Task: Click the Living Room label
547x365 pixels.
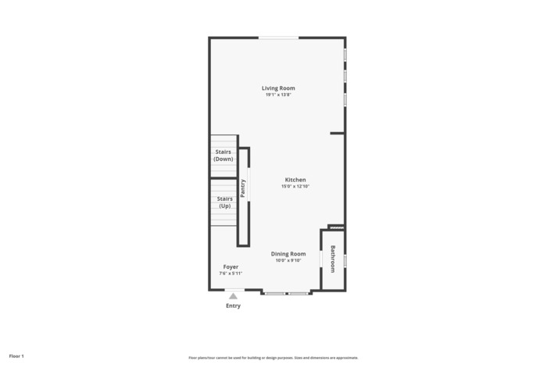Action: pos(278,88)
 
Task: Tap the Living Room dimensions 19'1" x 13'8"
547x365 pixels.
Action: pos(278,95)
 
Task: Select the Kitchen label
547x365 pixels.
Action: pos(295,180)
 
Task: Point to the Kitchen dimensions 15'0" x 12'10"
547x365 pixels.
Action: pos(295,186)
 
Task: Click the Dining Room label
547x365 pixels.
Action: pos(288,254)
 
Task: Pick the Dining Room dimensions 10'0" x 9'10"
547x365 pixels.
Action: pos(288,260)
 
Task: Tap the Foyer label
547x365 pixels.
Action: pos(231,267)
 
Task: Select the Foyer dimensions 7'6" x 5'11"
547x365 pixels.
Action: pos(231,274)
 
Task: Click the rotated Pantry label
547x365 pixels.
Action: pos(243,188)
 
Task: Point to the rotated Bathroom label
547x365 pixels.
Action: pos(333,259)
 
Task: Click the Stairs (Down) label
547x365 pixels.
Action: pos(223,156)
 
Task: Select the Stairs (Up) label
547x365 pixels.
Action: pos(225,202)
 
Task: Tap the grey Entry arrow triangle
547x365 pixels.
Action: pos(233,296)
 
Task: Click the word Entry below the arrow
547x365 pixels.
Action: pos(233,306)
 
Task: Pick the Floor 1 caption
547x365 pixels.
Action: pos(16,356)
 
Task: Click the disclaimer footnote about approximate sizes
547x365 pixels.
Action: pos(273,358)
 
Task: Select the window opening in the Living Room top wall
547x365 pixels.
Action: pos(278,38)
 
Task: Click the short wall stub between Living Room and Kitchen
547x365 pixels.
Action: pos(337,133)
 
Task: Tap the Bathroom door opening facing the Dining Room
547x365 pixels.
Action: pos(321,259)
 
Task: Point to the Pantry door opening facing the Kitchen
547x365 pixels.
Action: pos(248,184)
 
